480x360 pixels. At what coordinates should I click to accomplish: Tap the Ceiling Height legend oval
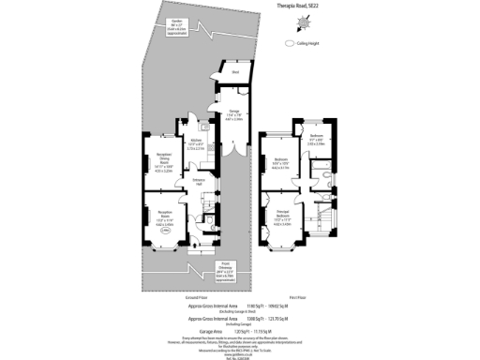coord(289,42)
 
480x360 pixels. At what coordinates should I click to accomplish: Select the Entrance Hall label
coord(199,182)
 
